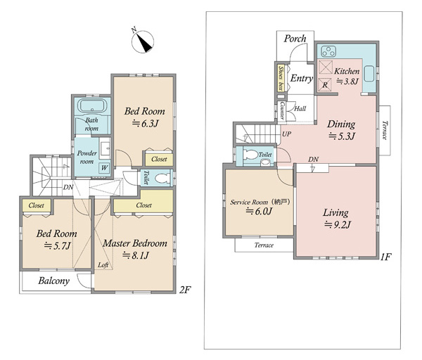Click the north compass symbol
pyautogui.click(x=142, y=41)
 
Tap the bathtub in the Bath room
pyautogui.click(x=92, y=105)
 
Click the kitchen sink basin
pyautogui.click(x=369, y=73)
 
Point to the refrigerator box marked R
pyautogui.click(x=325, y=84)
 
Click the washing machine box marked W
pyautogui.click(x=104, y=168)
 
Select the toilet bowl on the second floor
pyautogui.click(x=163, y=178)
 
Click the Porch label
pyautogui.click(x=295, y=39)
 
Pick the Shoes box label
pyautogui.click(x=281, y=78)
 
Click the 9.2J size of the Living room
pyautogui.click(x=338, y=224)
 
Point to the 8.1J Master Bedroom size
pyautogui.click(x=136, y=255)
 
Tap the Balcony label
pyautogui.click(x=54, y=281)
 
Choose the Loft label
pyautogui.click(x=103, y=265)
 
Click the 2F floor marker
pyautogui.click(x=185, y=290)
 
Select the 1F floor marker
pyautogui.click(x=385, y=257)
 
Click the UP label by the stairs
pyautogui.click(x=287, y=134)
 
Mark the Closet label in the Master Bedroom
pyautogui.click(x=144, y=205)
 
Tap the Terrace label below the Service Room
pyautogui.click(x=264, y=245)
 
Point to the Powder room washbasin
pyautogui.click(x=105, y=147)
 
